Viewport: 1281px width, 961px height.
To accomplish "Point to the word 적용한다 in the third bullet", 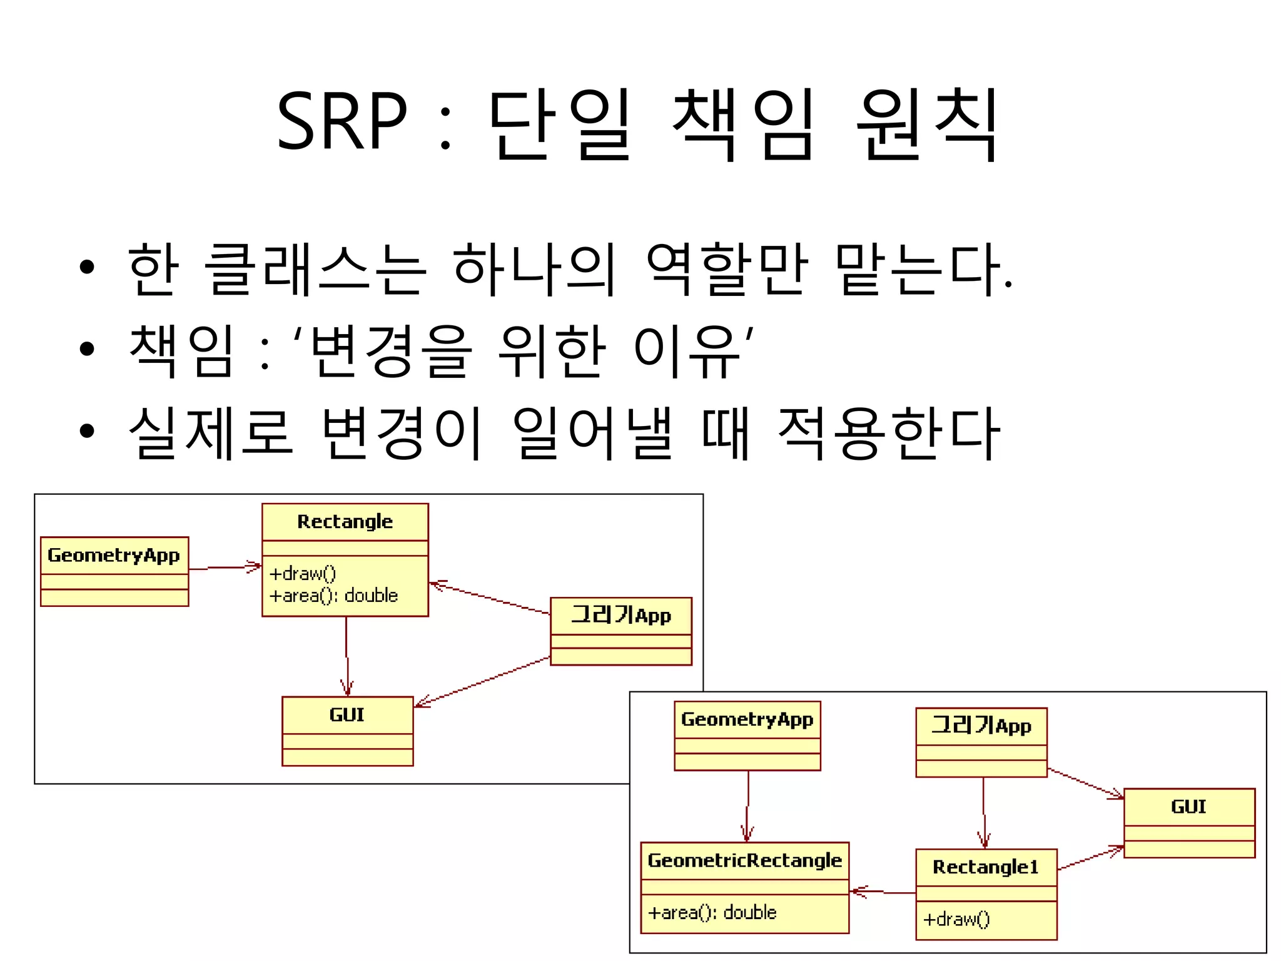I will coord(888,433).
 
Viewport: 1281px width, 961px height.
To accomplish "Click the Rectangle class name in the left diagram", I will coord(345,522).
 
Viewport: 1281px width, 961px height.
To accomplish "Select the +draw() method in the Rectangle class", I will coord(303,573).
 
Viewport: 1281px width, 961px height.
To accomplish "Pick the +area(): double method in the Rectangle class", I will coord(333,595).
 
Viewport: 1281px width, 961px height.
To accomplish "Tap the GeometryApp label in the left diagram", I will coord(114,555).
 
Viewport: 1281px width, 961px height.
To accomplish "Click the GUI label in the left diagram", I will coord(347,714).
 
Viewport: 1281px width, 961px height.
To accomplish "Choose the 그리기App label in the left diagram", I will coord(620,616).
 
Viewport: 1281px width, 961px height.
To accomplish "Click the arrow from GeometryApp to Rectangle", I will coord(225,567).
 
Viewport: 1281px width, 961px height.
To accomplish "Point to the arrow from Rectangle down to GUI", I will coord(347,657).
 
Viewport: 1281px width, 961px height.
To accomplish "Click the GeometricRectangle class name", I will coord(744,860).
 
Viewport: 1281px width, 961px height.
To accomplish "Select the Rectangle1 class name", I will coord(985,867).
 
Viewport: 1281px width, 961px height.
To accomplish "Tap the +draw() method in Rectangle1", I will coord(956,919).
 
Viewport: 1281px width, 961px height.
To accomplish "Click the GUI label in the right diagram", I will coord(1188,806).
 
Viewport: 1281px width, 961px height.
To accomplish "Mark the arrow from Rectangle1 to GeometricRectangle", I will coord(882,892).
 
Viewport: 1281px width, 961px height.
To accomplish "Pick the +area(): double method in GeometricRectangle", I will coord(712,913).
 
